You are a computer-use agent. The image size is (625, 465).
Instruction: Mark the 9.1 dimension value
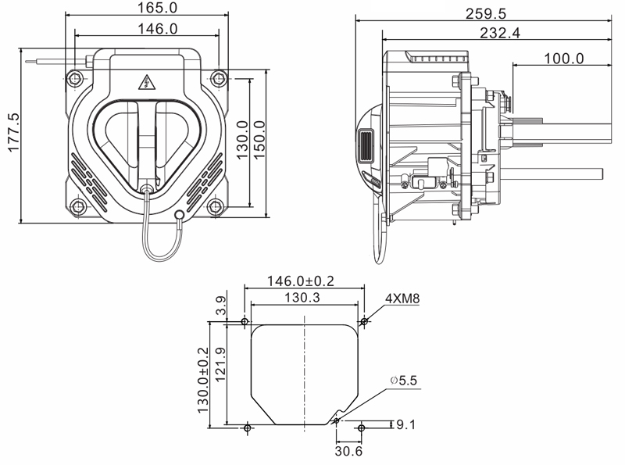[407, 426]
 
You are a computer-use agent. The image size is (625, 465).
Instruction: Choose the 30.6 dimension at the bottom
[348, 452]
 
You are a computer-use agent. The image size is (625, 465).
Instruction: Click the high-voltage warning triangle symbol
[145, 83]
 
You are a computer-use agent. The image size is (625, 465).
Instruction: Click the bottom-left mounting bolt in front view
[76, 207]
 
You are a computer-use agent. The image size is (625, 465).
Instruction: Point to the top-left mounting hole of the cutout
[245, 321]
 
